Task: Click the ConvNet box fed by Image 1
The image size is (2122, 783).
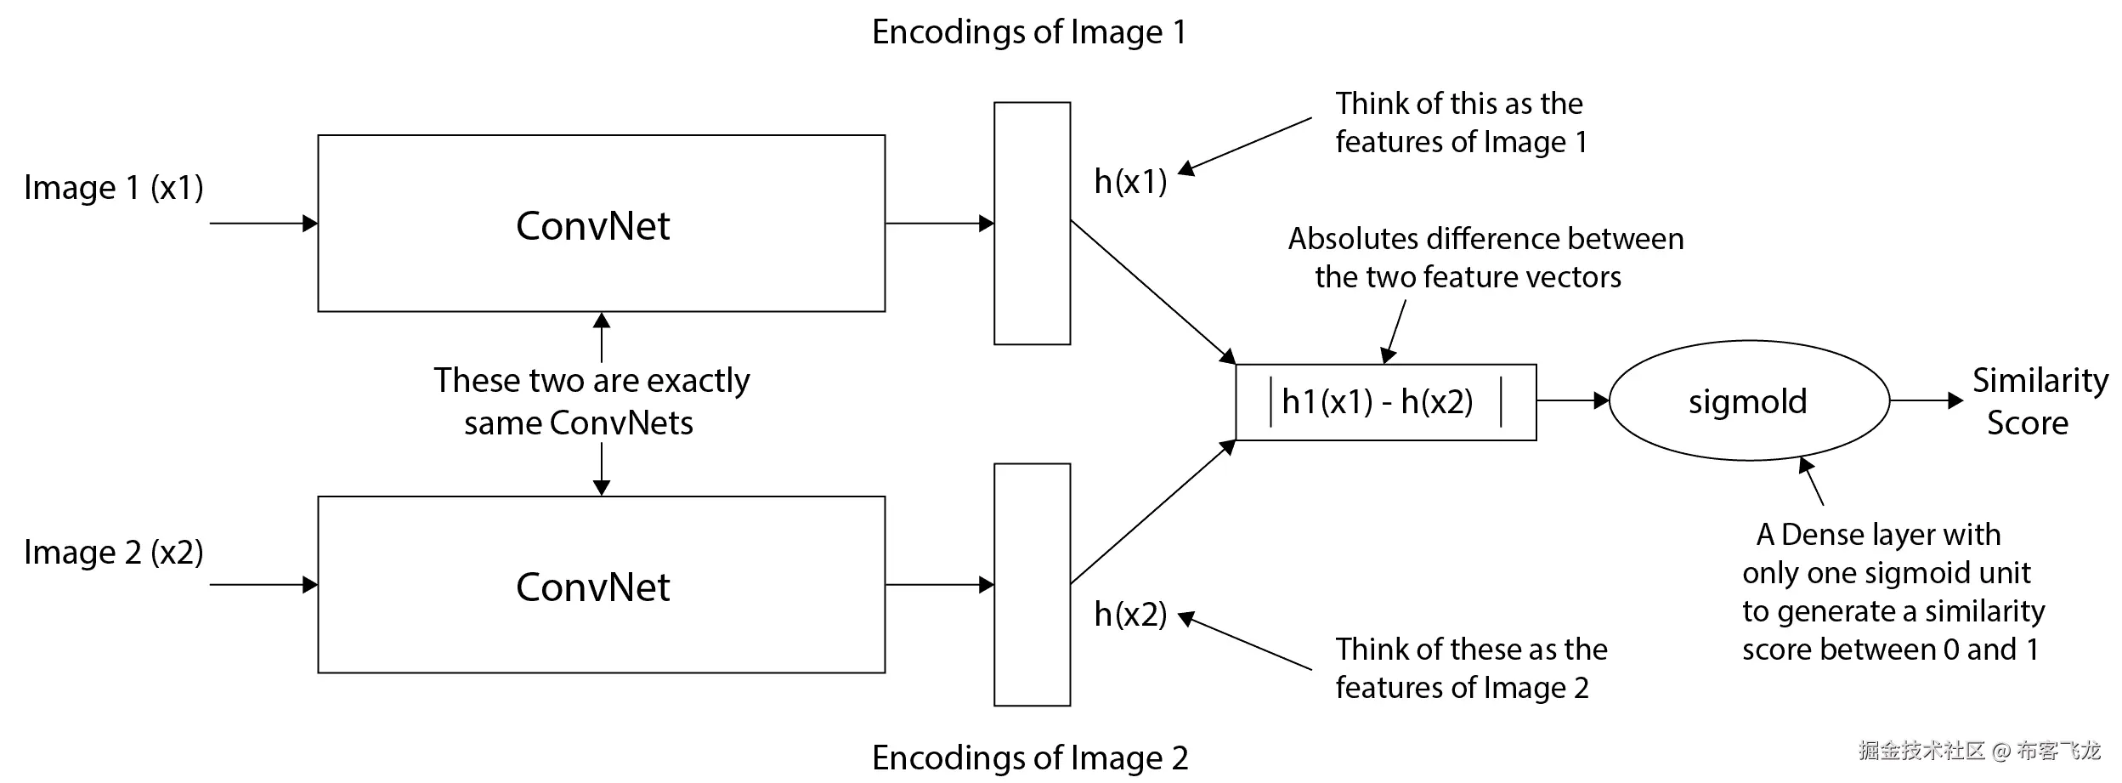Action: [601, 224]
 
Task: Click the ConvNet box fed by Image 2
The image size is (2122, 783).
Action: [601, 585]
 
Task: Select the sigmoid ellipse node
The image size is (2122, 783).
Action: [1748, 401]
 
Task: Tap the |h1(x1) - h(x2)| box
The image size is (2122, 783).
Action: [1385, 402]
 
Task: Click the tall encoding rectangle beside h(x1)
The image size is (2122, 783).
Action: [1032, 224]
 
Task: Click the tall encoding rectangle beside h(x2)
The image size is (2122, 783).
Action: [1032, 585]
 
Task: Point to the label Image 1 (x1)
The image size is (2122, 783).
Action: [114, 188]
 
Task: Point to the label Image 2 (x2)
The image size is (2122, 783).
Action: [114, 553]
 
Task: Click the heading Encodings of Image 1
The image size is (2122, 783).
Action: [1029, 32]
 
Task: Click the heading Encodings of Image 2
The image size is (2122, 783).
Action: [1030, 757]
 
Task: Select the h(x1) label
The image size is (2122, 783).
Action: [1130, 182]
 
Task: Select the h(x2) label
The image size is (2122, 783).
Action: [1130, 614]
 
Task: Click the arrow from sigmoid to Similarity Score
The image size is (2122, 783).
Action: [1926, 400]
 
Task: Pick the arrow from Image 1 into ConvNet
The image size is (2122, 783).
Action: [263, 224]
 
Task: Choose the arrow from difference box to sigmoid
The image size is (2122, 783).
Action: [1572, 400]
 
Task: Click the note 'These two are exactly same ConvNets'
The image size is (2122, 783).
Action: [591, 401]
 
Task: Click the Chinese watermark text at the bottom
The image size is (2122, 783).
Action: [1978, 751]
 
